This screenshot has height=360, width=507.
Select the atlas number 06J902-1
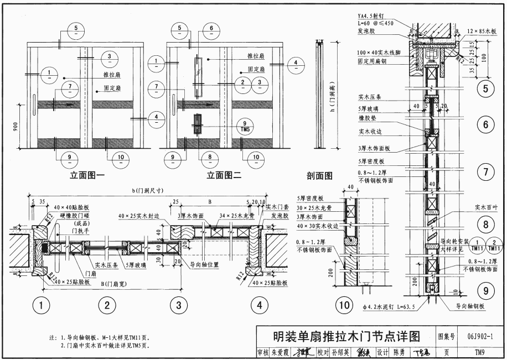(x=481, y=335)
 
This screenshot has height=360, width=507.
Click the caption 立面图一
(x=87, y=176)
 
